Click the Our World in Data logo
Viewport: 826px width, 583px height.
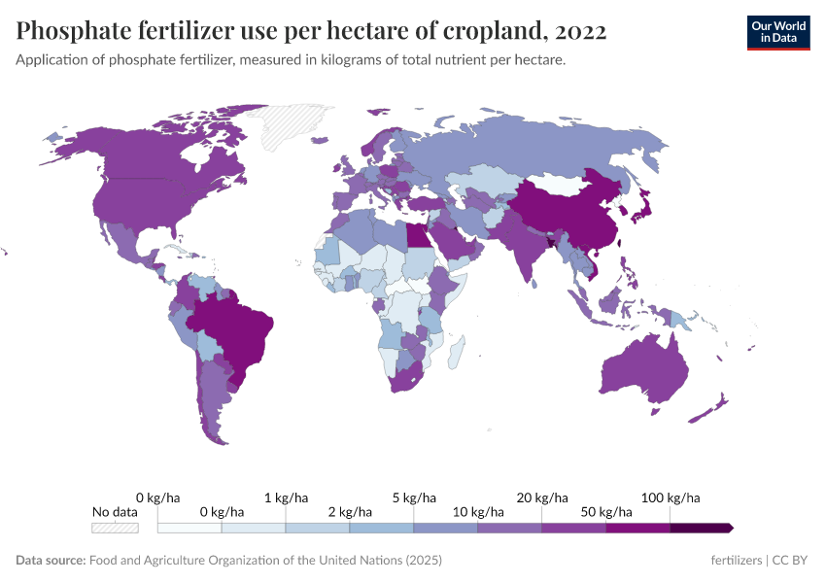coord(778,31)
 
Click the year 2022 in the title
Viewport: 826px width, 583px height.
coord(579,31)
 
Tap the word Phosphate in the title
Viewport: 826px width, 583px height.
coord(72,31)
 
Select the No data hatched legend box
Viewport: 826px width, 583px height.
coord(115,528)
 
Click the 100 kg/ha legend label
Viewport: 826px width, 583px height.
coord(671,497)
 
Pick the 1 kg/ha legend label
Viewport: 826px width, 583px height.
coord(286,497)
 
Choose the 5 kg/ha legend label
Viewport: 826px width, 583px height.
coord(414,497)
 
